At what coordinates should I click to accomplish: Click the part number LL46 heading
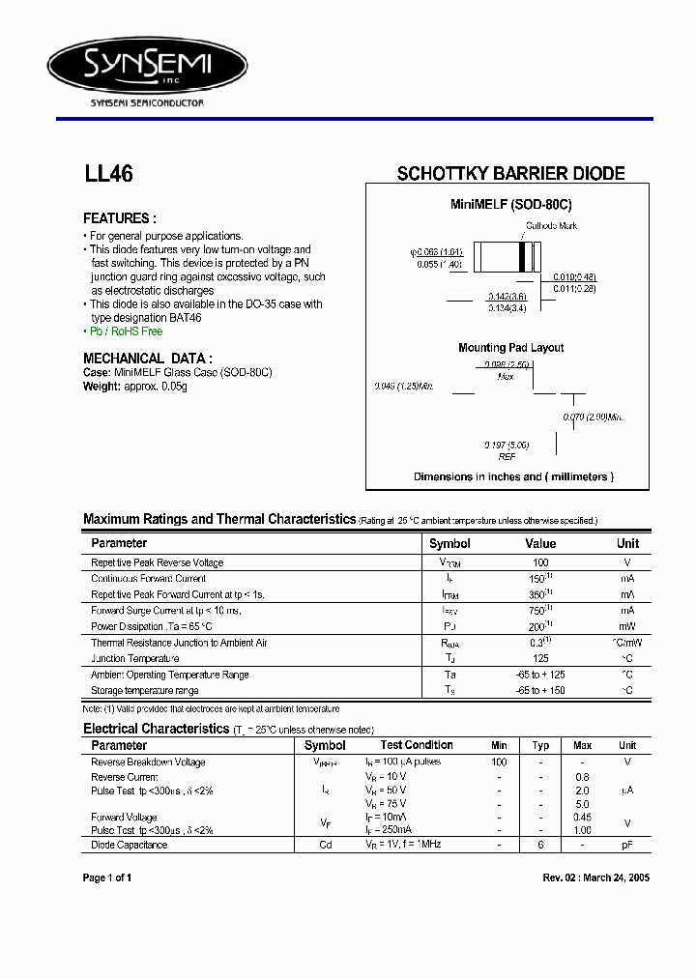[108, 175]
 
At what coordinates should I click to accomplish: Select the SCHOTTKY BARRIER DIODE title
[510, 174]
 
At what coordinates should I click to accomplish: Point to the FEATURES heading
[120, 218]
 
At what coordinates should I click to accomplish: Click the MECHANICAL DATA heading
[148, 358]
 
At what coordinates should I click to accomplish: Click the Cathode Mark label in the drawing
[551, 225]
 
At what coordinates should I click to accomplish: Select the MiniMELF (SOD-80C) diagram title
[511, 205]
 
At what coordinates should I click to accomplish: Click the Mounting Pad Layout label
[510, 348]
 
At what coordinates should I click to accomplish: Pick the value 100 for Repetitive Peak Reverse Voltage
[540, 562]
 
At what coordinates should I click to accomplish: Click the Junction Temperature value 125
[540, 658]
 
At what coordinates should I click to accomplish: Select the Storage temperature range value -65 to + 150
[540, 690]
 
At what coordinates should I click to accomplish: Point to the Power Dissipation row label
[150, 626]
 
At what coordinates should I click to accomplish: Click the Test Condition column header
[417, 745]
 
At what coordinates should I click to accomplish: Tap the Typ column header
[540, 745]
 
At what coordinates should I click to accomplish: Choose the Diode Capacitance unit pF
[627, 845]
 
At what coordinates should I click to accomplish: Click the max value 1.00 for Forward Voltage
[582, 829]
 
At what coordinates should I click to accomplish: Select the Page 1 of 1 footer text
[107, 877]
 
